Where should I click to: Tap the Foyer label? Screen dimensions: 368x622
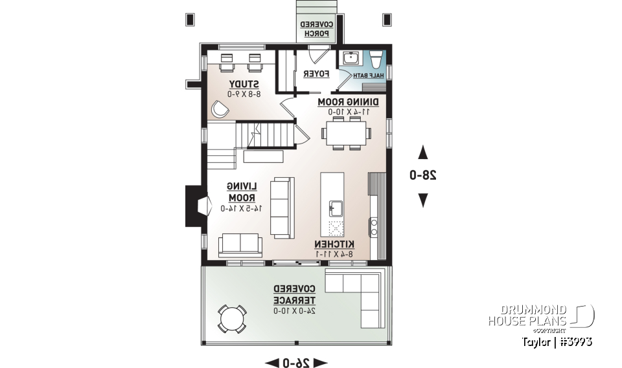(x=317, y=74)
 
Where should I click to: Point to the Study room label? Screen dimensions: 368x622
(x=244, y=85)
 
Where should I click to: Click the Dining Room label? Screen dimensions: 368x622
(x=348, y=102)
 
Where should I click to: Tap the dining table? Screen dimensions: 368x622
(x=347, y=135)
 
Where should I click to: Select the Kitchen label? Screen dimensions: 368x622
(x=334, y=244)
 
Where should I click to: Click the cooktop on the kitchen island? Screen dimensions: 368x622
(x=336, y=228)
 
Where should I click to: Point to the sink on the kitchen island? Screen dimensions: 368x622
(x=336, y=208)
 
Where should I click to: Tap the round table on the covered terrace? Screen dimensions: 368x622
(x=231, y=318)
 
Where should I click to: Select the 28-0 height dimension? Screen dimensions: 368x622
(x=422, y=175)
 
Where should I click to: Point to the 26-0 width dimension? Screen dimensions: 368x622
(x=296, y=362)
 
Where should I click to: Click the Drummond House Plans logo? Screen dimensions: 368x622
(x=540, y=315)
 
